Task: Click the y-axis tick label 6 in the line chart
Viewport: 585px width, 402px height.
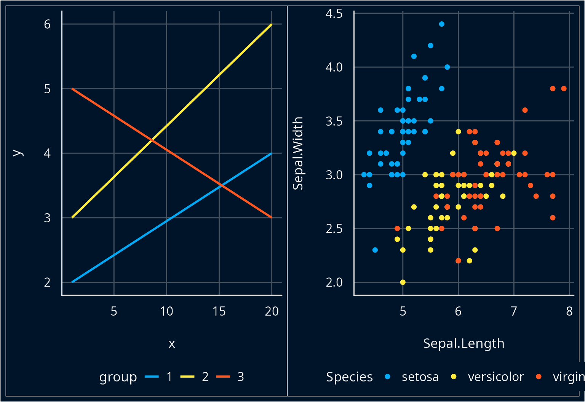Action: point(47,24)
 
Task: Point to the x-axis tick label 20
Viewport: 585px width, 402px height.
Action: point(272,311)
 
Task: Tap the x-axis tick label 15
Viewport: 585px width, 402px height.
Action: point(219,311)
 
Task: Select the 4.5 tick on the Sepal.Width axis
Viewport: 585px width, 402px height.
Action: point(334,14)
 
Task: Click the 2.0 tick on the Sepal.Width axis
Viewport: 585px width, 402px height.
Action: point(334,282)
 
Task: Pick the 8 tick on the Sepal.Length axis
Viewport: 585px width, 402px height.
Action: point(569,311)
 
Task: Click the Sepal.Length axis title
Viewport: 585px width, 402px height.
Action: point(464,343)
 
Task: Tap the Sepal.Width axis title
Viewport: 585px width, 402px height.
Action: point(298,153)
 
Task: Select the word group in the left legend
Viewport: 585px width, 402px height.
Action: point(118,377)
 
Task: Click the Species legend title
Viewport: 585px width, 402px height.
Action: point(349,377)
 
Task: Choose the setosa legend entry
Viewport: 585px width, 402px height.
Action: point(420,377)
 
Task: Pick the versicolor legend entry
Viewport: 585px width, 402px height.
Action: point(495,377)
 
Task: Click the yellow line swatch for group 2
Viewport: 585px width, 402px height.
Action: point(187,377)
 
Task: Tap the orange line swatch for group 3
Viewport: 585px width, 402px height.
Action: point(223,377)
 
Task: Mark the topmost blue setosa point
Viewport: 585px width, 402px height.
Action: point(442,24)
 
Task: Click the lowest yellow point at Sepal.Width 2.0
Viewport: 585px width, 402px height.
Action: point(403,282)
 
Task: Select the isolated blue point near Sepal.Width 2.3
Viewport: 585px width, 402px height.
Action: point(375,250)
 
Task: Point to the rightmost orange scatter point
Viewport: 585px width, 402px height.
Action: point(564,89)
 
